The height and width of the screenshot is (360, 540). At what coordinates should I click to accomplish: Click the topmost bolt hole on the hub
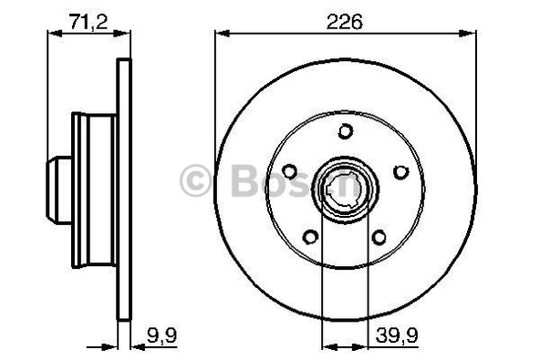pyautogui.click(x=344, y=130)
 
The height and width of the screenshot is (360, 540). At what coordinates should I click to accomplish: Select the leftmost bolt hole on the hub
pyautogui.click(x=289, y=170)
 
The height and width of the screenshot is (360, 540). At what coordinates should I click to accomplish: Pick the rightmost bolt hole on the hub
pyautogui.click(x=399, y=170)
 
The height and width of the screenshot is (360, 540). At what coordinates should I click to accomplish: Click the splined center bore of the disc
pyautogui.click(x=344, y=190)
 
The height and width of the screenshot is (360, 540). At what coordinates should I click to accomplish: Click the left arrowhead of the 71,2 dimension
pyautogui.click(x=51, y=35)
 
